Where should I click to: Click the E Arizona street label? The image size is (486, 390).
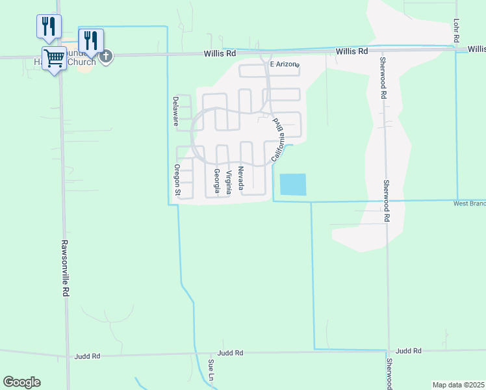coord(284,64)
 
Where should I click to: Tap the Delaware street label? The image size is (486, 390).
coord(175,110)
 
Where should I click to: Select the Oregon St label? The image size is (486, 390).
coord(176,179)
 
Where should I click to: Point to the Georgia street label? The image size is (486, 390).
coord(217,181)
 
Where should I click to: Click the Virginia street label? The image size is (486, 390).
coord(229,183)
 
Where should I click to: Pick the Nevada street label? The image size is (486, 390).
coord(240,178)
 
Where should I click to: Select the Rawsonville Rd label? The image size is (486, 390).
coord(65,268)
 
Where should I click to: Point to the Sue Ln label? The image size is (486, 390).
coord(211,369)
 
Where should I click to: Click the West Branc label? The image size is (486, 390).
coord(469,203)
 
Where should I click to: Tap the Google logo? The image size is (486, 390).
coord(21,382)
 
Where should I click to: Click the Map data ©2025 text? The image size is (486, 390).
coord(459,385)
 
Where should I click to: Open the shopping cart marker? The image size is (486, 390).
coord(55,58)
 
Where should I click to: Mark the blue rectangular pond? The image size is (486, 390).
coord(292,185)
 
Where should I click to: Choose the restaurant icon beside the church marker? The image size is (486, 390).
coord(91,40)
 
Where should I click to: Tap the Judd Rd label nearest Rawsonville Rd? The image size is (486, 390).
coord(87,356)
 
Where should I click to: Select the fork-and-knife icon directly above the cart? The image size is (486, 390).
coord(49,27)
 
